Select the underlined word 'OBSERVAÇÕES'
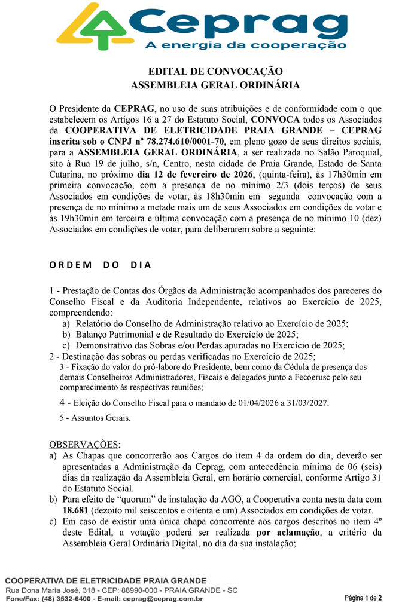tap(84, 445)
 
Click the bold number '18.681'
tap(78, 510)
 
